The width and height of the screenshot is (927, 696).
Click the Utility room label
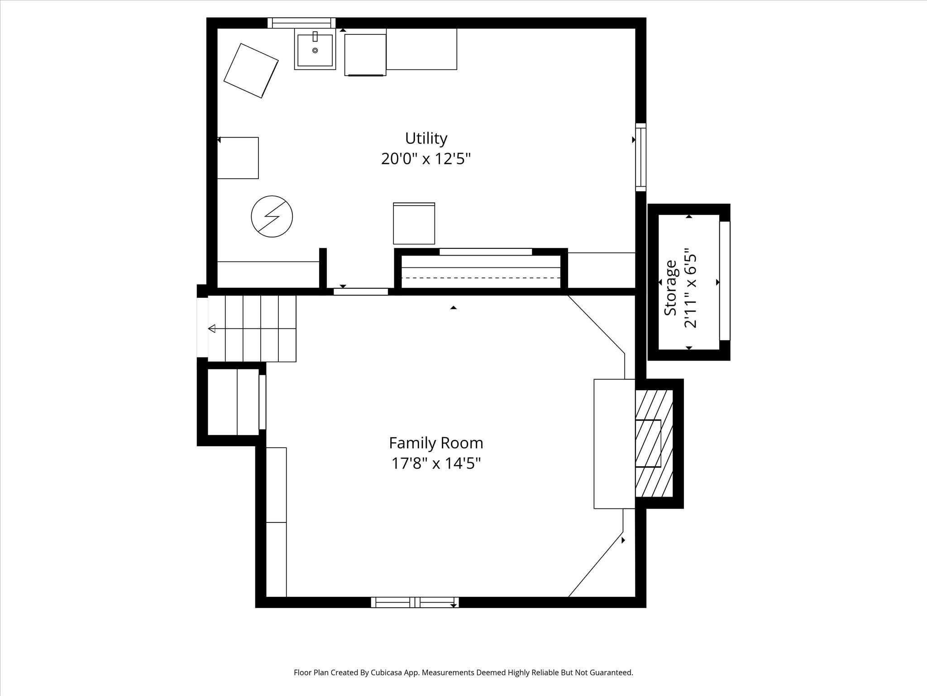[426, 138]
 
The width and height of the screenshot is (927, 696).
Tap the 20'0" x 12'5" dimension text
[426, 159]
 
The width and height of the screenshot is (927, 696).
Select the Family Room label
[436, 443]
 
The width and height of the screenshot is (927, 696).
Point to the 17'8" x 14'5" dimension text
[436, 464]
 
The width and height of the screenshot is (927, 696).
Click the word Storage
[670, 288]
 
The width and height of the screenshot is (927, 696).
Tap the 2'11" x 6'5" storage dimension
[689, 288]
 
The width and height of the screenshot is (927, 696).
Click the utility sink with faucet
[315, 49]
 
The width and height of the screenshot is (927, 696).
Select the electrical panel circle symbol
[272, 217]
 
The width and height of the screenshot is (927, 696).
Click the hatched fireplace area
[654, 443]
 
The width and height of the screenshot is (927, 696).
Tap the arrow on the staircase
[212, 329]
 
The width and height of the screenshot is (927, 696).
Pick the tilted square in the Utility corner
[251, 71]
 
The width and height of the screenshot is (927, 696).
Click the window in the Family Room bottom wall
[415, 602]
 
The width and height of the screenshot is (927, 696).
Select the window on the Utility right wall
[640, 157]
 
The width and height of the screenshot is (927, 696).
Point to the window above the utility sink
[301, 23]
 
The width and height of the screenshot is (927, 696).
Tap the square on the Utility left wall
[238, 158]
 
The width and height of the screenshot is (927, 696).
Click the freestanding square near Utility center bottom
[414, 223]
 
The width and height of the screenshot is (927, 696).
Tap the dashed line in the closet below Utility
[481, 278]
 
